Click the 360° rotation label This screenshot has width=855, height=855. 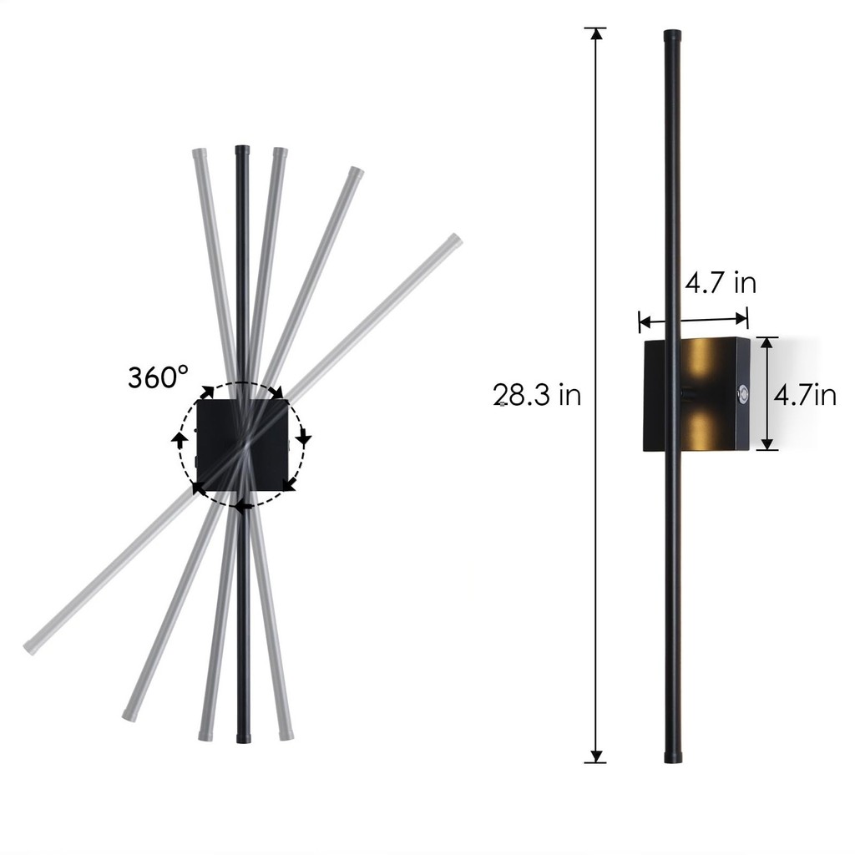[158, 377]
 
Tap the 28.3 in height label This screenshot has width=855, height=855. [537, 394]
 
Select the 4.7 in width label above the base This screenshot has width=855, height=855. [721, 283]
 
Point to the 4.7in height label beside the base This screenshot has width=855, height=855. [805, 394]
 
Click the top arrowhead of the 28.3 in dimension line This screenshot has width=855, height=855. [596, 33]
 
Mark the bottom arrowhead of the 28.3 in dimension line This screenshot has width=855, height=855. [596, 756]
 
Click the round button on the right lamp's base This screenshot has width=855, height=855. [742, 393]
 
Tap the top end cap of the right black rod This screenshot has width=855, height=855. [672, 36]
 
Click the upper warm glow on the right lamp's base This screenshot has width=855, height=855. [701, 361]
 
